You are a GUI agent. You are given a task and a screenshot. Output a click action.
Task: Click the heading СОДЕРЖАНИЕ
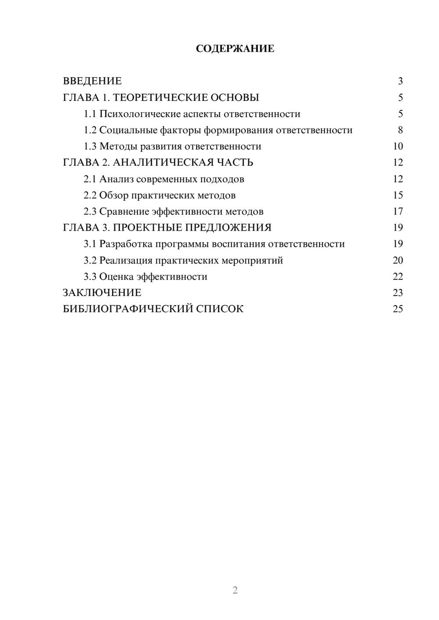tap(235, 49)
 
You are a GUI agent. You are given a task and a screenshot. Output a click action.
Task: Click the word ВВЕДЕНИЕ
tap(92, 81)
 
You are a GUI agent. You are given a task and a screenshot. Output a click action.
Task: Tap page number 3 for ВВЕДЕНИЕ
tap(400, 81)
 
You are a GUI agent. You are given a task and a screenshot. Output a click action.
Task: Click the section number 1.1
tap(90, 114)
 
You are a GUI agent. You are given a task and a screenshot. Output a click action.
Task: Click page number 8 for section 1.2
tap(400, 130)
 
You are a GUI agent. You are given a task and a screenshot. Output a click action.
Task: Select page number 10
tap(398, 146)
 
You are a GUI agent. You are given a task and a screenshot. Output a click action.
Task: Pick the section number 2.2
tap(90, 195)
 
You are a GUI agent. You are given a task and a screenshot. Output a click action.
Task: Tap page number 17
tap(398, 211)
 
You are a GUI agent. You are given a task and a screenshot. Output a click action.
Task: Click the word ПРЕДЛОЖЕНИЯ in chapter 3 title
tap(228, 228)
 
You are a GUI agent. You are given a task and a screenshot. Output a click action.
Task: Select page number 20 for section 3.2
tap(398, 260)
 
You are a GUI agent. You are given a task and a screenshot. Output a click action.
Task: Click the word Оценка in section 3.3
tap(116, 277)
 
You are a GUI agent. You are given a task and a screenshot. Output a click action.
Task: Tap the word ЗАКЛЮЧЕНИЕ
tap(102, 293)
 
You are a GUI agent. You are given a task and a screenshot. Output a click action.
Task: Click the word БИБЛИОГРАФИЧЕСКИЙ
tap(128, 309)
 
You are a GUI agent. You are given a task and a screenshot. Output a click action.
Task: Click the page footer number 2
tap(235, 590)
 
